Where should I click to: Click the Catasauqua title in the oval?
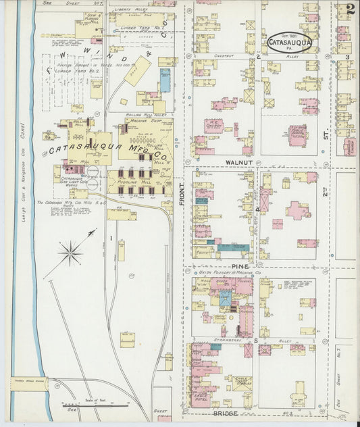[x=289, y=43]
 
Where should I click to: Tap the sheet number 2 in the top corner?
[x=349, y=10]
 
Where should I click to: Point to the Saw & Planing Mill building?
[x=88, y=29]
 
